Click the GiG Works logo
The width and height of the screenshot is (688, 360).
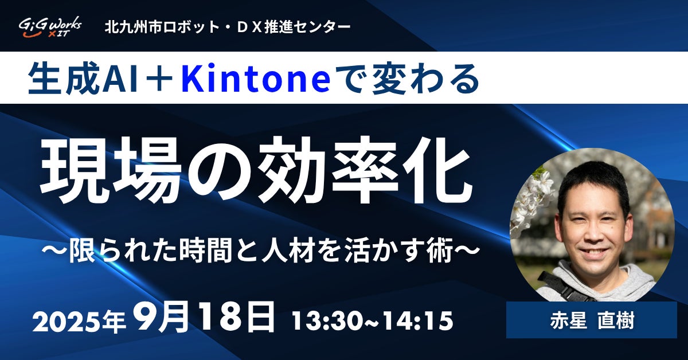(x=50, y=27)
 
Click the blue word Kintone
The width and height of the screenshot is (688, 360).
(x=256, y=78)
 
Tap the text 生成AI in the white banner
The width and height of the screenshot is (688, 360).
(x=83, y=78)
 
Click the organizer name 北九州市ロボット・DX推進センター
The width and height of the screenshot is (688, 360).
(x=228, y=28)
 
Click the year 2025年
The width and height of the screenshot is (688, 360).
(x=79, y=321)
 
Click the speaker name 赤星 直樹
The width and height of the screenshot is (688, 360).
(x=592, y=321)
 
